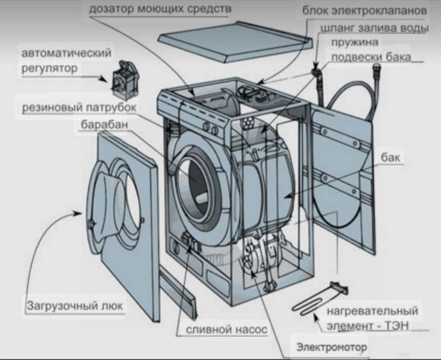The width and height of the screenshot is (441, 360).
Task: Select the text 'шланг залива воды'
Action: pos(375,28)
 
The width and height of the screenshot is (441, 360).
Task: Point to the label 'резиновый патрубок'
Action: pos(80,107)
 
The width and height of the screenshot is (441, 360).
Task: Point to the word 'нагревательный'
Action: pos(373,311)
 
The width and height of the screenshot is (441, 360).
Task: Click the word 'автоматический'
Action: pos(66,53)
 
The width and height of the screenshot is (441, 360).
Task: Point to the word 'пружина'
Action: pos(355,42)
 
